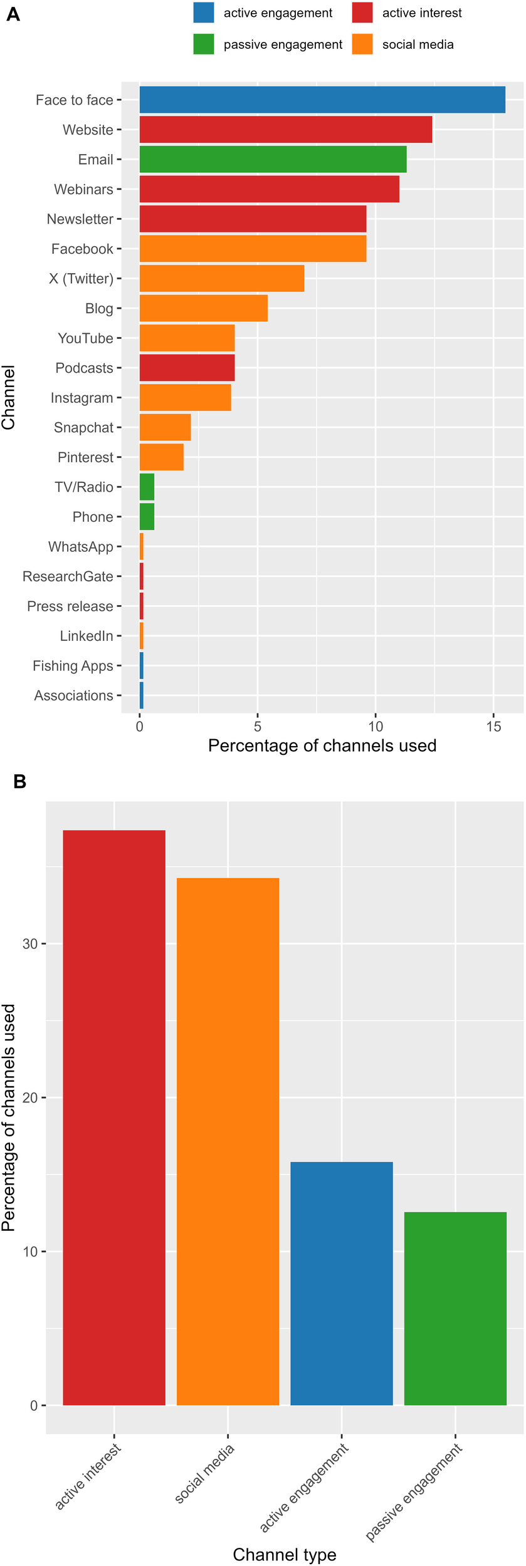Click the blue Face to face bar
(x=322, y=100)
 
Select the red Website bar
(x=286, y=130)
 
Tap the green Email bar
(x=273, y=159)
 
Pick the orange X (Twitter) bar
(x=222, y=278)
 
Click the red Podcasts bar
(x=187, y=368)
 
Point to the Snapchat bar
(x=165, y=427)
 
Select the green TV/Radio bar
(x=147, y=487)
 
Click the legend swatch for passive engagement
(x=204, y=44)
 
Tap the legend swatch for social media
(x=362, y=44)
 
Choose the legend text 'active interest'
(x=422, y=13)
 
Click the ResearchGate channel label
(x=68, y=576)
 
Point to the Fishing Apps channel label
(x=73, y=666)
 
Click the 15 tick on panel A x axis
(x=493, y=727)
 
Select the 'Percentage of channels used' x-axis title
(x=322, y=745)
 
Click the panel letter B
(x=19, y=782)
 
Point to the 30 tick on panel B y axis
(x=30, y=944)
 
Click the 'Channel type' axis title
(x=285, y=1550)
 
